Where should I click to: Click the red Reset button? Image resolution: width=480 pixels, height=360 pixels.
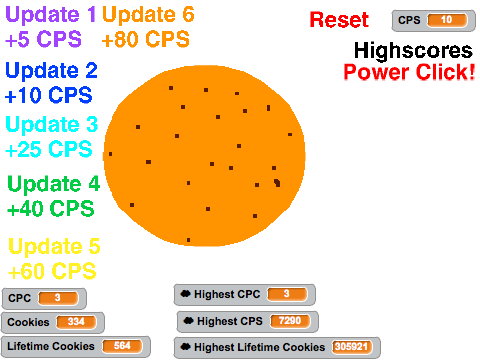[x=339, y=20]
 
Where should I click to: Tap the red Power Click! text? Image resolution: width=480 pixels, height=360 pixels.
[x=409, y=72]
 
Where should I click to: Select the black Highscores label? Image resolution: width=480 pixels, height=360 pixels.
[x=413, y=50]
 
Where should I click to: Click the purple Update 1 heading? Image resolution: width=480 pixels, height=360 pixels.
[x=51, y=15]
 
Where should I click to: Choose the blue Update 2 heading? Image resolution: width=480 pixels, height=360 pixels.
[x=51, y=70]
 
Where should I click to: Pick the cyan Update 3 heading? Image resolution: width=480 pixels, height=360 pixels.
[x=52, y=124]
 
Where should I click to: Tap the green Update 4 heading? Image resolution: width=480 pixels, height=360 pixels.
[x=54, y=184]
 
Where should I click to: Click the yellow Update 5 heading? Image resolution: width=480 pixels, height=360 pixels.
[x=54, y=246]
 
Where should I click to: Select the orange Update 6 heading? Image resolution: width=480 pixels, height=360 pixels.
[x=148, y=15]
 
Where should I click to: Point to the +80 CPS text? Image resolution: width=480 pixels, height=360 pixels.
[x=146, y=39]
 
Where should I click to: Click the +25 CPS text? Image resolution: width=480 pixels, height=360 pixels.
[x=49, y=149]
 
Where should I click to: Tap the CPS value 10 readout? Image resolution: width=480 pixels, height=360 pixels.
[x=447, y=20]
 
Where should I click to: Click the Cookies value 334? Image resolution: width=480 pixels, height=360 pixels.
[x=76, y=322]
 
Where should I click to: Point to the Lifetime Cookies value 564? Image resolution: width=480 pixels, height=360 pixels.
[x=122, y=346]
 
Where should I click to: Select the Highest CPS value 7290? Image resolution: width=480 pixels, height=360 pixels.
[x=290, y=321]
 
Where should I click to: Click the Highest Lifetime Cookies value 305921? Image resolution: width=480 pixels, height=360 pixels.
[x=351, y=347]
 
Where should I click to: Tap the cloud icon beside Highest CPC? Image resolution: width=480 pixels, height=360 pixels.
[x=185, y=294]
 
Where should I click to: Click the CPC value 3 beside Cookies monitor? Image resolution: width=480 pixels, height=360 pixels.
[x=58, y=298]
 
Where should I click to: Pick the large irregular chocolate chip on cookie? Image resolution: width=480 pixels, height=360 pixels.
[x=277, y=183]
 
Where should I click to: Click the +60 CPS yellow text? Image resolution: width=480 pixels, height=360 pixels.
[x=52, y=271]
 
